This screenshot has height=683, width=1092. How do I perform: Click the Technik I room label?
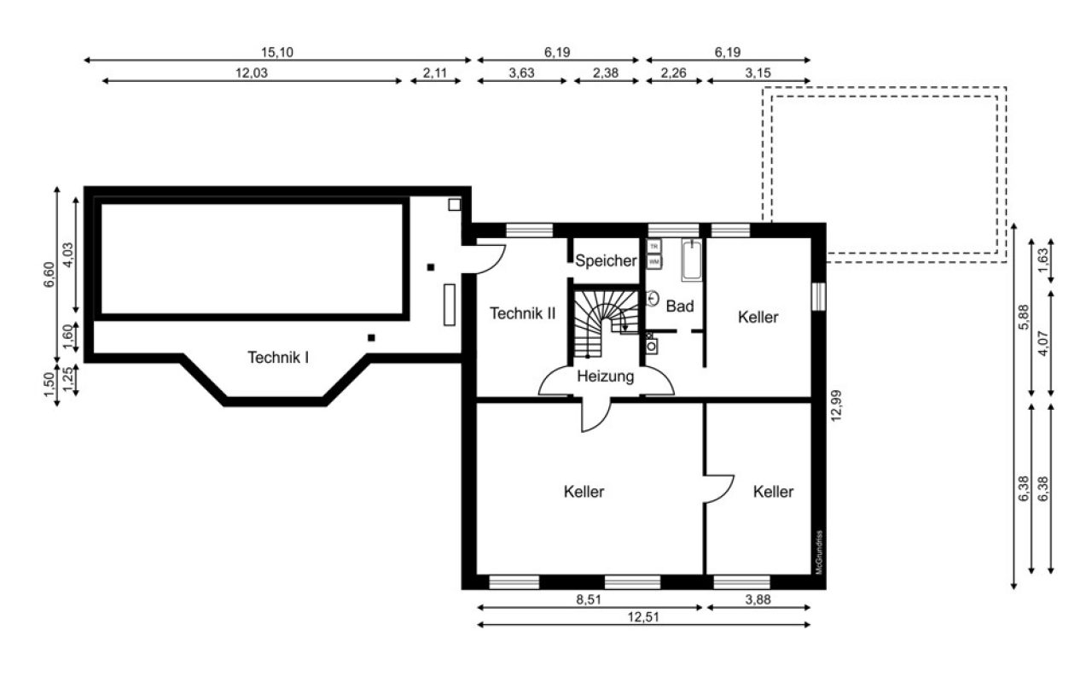pos(278,357)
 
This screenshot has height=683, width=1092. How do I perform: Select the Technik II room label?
pos(522,313)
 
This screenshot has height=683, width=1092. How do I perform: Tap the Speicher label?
pos(606,261)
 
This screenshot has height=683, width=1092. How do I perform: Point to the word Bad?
pos(680,306)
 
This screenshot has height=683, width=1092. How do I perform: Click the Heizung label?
pos(605,376)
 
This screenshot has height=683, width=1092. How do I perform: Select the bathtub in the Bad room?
pos(691,260)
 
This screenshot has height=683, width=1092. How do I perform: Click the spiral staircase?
pos(604,323)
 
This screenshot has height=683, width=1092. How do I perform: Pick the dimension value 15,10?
pos(277,52)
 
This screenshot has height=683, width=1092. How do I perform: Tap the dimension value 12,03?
pos(252,73)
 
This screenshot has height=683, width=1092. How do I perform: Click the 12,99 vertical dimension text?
pos(836,405)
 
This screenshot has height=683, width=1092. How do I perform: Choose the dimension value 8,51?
pos(589,599)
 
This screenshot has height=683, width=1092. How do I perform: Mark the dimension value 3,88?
pos(758,599)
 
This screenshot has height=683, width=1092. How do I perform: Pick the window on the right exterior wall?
pos(819,295)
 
